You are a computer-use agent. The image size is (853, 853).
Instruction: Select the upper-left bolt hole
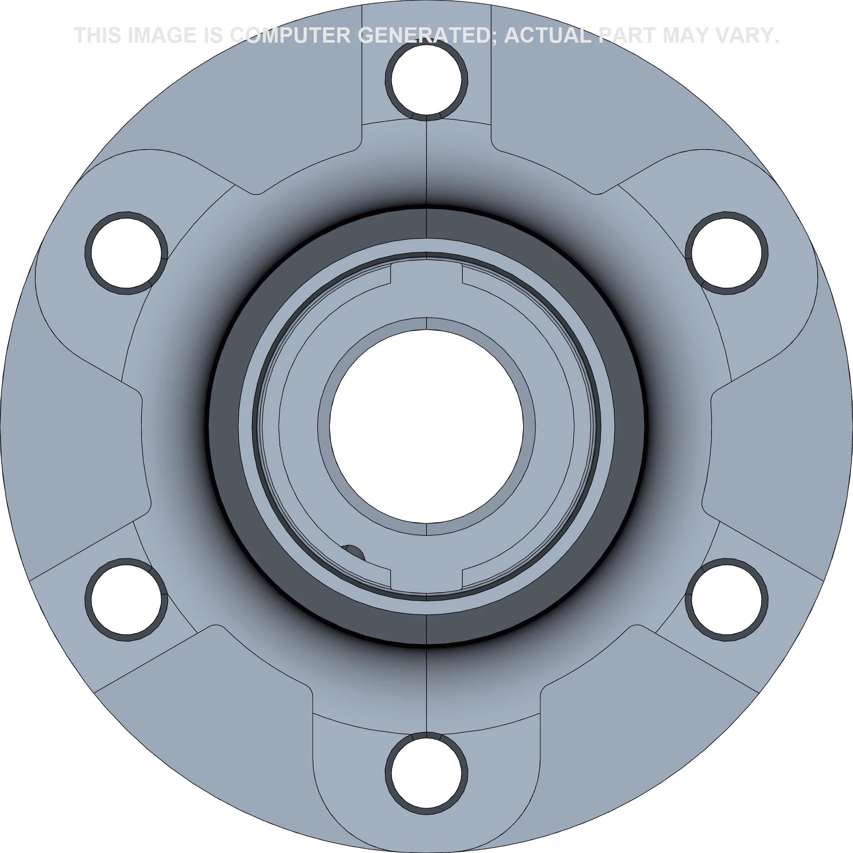(126, 252)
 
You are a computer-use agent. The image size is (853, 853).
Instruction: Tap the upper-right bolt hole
(726, 252)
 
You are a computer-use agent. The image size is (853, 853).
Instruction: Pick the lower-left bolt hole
(126, 599)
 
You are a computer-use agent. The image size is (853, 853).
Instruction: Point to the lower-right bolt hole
(726, 599)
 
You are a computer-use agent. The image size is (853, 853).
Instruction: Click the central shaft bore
(426, 426)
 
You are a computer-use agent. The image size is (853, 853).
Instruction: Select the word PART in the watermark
(627, 35)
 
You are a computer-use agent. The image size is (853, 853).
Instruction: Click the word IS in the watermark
(214, 35)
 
